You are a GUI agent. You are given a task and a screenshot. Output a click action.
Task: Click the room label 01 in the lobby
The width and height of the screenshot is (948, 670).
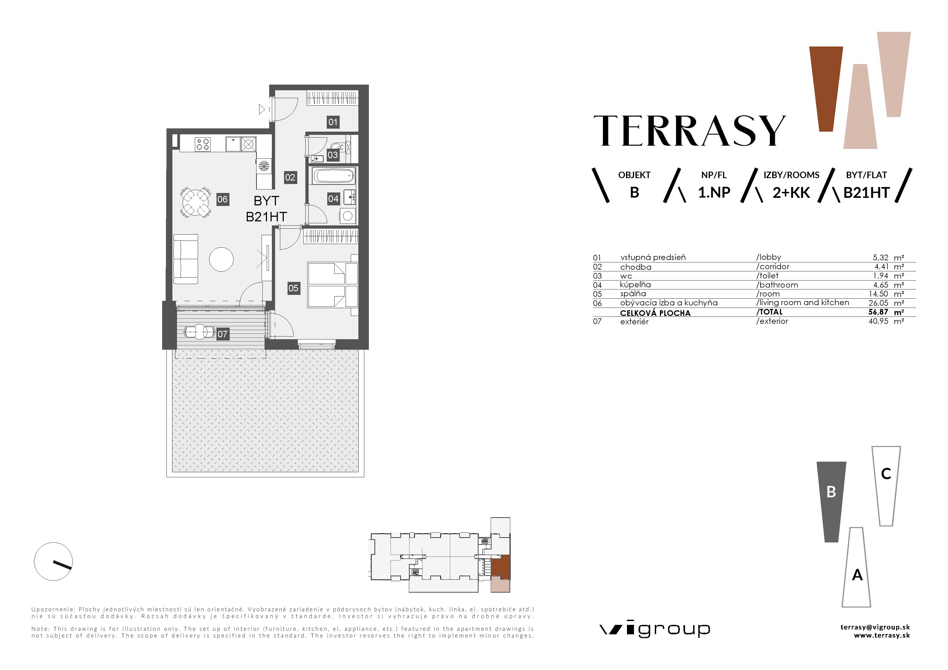(x=333, y=122)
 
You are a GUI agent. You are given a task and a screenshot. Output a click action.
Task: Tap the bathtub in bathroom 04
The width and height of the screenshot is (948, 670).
(x=334, y=176)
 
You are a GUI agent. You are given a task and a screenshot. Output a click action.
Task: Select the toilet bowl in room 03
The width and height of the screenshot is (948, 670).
(x=338, y=147)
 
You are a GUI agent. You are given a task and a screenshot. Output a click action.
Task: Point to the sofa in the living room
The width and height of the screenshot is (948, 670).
(x=185, y=259)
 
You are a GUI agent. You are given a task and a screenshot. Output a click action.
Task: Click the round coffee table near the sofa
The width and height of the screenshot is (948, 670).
(x=221, y=259)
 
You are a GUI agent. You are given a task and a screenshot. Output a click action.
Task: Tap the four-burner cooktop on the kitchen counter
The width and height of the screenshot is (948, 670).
(x=203, y=144)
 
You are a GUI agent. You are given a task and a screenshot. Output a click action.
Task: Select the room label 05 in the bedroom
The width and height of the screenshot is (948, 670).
(x=293, y=288)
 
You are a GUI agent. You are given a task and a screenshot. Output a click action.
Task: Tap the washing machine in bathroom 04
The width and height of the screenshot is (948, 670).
(x=347, y=215)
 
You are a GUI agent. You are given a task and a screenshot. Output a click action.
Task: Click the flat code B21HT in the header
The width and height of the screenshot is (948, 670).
(x=866, y=193)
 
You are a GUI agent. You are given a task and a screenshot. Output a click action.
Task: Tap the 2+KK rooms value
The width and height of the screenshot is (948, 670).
(x=791, y=193)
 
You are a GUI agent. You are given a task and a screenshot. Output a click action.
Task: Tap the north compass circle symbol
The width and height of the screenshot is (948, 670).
(x=53, y=561)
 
